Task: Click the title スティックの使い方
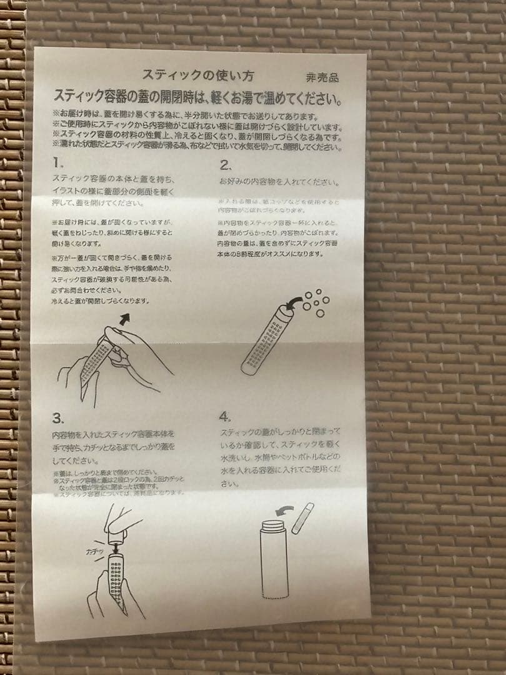(x=197, y=76)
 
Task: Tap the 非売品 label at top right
(x=322, y=78)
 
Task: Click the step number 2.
(x=226, y=166)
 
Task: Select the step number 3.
(x=58, y=417)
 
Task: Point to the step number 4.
(x=226, y=416)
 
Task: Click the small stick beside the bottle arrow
(x=302, y=518)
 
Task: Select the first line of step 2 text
(x=279, y=183)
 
